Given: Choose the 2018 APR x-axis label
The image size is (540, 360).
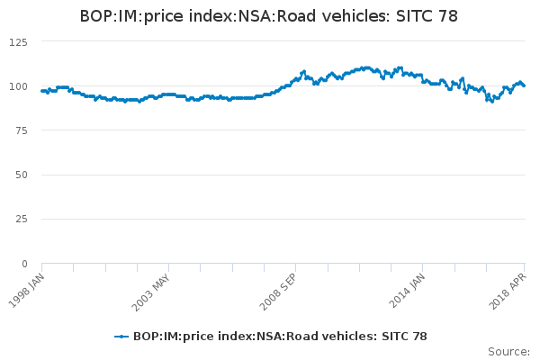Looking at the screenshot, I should click(x=510, y=288).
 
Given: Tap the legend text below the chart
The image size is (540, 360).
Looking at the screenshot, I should click(x=280, y=337).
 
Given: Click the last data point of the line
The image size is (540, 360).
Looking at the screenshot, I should click(x=524, y=85).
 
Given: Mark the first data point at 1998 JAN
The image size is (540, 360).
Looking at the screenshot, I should click(x=42, y=91).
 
